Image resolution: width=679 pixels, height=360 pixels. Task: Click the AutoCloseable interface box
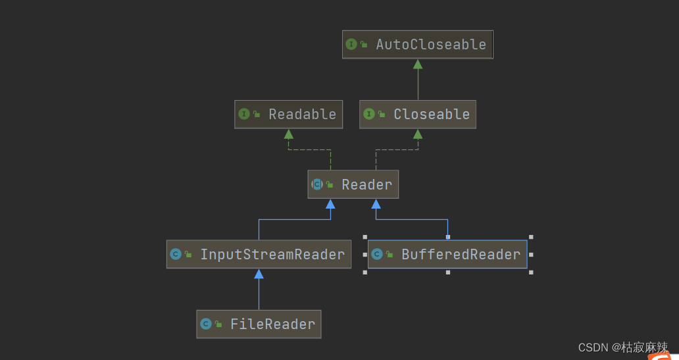point(417,45)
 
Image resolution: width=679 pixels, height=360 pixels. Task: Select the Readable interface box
point(289,115)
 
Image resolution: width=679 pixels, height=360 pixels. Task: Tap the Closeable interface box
point(417,115)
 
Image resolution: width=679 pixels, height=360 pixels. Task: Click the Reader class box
point(353,184)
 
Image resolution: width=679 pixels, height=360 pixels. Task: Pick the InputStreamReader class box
point(259,254)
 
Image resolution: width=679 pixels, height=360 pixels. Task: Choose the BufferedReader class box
point(447,254)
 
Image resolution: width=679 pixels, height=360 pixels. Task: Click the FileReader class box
point(259,324)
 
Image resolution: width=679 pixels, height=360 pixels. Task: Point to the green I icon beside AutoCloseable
point(351,45)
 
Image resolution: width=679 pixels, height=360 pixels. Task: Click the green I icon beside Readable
point(244,115)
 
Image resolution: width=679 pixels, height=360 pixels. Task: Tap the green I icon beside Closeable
point(369,115)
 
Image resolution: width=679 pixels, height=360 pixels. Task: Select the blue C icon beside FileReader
point(205,324)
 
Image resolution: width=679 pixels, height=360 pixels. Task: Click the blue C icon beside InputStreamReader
point(176,254)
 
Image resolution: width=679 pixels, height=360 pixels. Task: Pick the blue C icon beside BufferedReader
point(377,254)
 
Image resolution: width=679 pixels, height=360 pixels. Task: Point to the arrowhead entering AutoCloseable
point(418,64)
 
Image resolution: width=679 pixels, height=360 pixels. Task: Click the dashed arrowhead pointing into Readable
point(288,134)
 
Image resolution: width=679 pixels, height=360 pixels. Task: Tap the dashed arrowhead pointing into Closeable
point(418,134)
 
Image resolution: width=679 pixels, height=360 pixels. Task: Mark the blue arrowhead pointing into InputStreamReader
point(259,273)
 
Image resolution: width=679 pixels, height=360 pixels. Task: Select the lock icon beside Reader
point(330,185)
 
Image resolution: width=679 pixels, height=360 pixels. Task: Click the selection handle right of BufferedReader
point(531,254)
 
